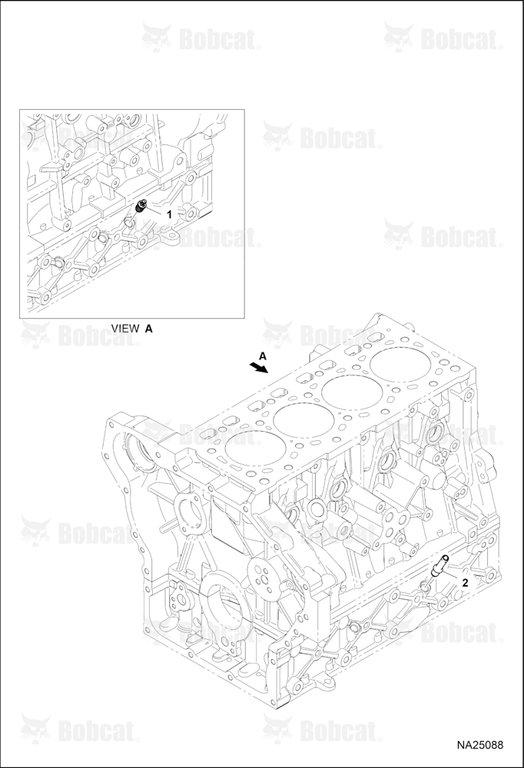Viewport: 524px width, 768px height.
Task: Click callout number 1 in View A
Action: click(170, 214)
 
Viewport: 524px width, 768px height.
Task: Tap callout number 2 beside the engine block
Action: click(465, 582)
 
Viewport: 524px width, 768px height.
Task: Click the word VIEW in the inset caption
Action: click(125, 329)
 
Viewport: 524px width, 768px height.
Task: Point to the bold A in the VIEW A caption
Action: click(148, 329)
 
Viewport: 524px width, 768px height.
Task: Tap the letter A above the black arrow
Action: click(262, 356)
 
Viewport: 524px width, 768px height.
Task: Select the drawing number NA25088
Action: click(480, 746)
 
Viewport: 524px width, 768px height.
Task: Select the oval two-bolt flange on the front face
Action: click(189, 515)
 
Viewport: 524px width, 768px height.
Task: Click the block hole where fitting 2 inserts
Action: click(426, 585)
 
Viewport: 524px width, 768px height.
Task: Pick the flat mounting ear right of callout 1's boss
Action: click(170, 235)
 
